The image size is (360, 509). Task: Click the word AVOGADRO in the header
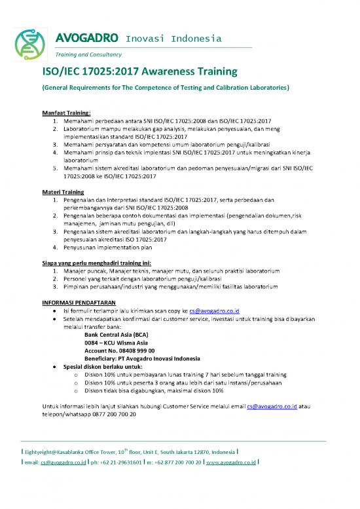click(82, 37)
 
